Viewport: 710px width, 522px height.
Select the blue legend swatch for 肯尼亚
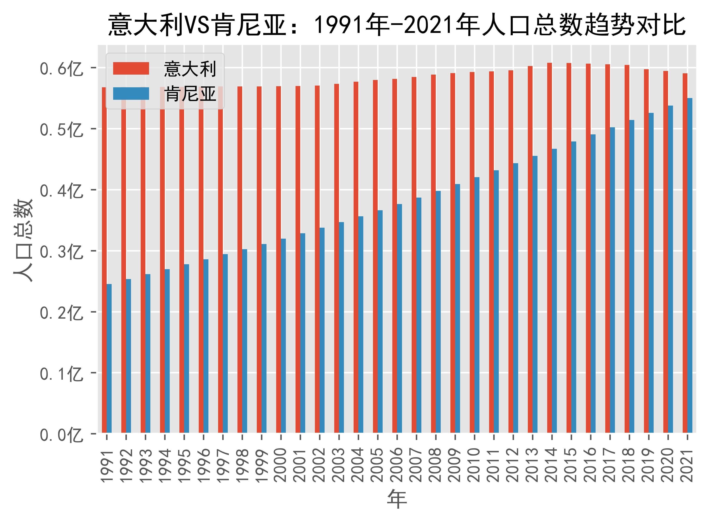131,94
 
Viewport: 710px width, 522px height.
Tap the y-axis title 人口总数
23,240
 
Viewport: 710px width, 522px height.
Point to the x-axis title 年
397,499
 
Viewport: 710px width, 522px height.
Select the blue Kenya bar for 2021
690,266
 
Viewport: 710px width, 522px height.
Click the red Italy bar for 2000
279,259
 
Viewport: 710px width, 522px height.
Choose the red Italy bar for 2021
685,253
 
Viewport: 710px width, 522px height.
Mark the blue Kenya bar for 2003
341,327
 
